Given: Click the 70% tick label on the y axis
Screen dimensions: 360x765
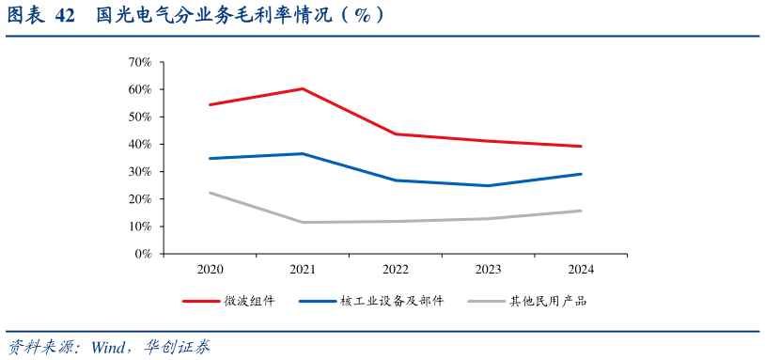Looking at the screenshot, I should click(139, 62).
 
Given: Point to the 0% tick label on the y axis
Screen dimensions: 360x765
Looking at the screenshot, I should click(143, 254).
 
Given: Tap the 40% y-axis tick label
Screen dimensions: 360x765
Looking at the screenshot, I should click(139, 144).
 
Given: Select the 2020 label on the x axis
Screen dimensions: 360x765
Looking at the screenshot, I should click(210, 270).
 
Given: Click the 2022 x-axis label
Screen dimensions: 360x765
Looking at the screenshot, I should click(396, 270).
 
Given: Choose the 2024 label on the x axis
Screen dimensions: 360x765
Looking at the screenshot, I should click(581, 270).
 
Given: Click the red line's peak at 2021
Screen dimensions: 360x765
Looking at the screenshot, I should click(303, 88).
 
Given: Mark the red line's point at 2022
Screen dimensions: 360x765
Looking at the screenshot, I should click(396, 133).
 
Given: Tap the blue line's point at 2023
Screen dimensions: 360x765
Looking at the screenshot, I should click(488, 185).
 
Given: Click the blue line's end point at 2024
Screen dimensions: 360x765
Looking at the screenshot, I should click(581, 174).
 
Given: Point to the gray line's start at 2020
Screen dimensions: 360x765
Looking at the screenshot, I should click(210, 193).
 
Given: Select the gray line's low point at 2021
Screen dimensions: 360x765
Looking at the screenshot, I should click(303, 222).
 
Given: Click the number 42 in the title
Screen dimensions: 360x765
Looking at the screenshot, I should click(64, 16).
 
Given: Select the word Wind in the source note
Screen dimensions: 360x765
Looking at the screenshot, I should click(109, 347).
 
